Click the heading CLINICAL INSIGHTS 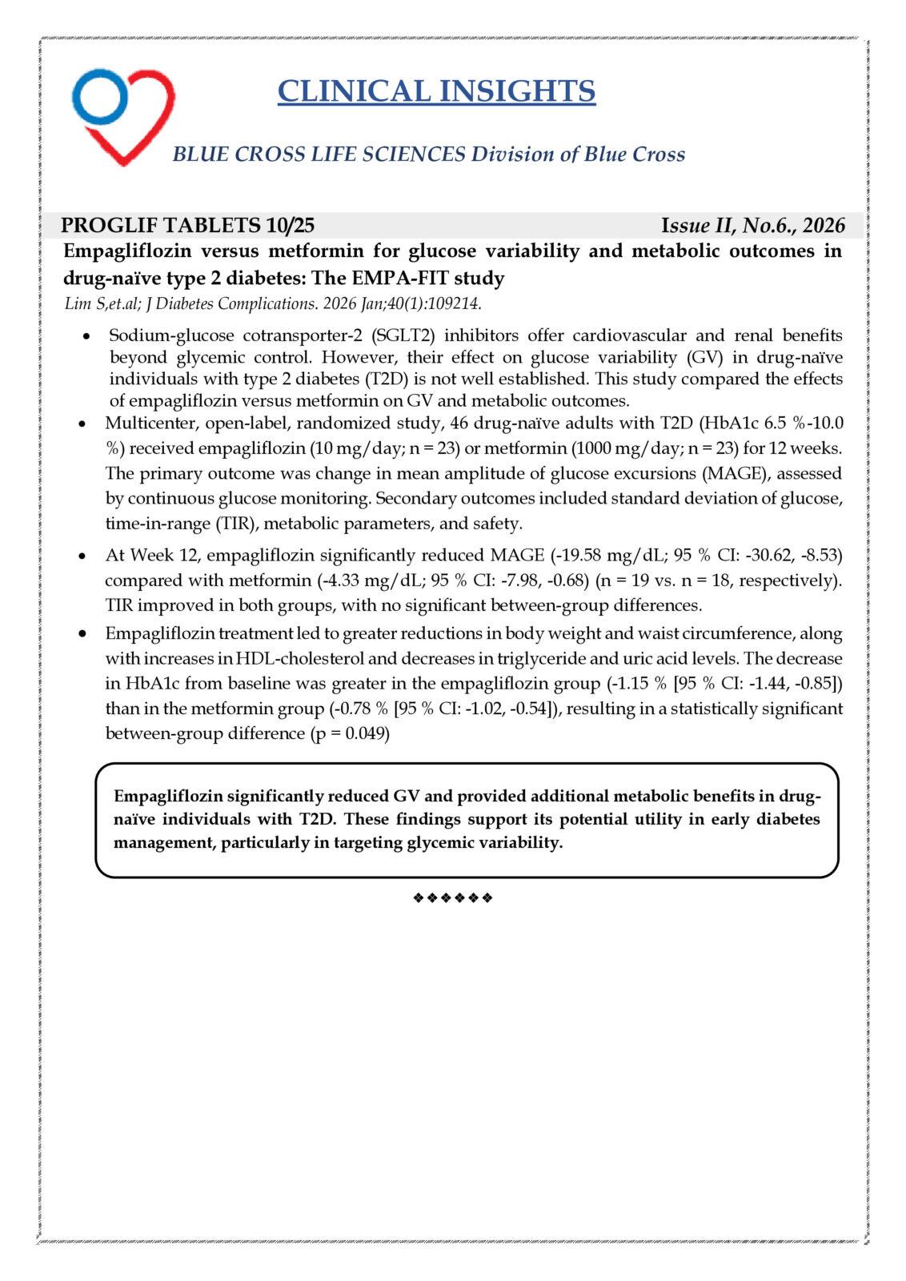click(x=436, y=91)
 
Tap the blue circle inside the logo click(x=100, y=94)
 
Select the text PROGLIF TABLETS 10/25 click(x=188, y=225)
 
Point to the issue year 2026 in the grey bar click(x=824, y=226)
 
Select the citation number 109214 click(x=452, y=304)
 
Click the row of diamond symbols click(x=452, y=898)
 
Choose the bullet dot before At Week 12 click(x=83, y=556)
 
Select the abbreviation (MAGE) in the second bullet click(x=728, y=472)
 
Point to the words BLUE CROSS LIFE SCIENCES click(x=319, y=155)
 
